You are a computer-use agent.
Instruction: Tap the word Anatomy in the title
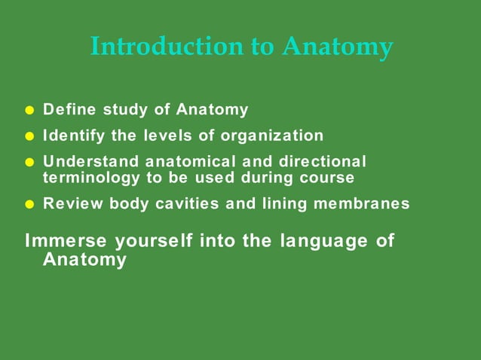point(337,47)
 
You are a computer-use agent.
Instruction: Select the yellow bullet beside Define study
point(29,111)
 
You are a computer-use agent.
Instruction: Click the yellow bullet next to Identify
point(29,136)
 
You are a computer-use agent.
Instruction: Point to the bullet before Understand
point(29,162)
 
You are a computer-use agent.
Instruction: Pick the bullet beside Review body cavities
point(29,204)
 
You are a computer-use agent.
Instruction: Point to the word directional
point(322,161)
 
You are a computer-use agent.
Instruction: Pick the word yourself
point(150,242)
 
